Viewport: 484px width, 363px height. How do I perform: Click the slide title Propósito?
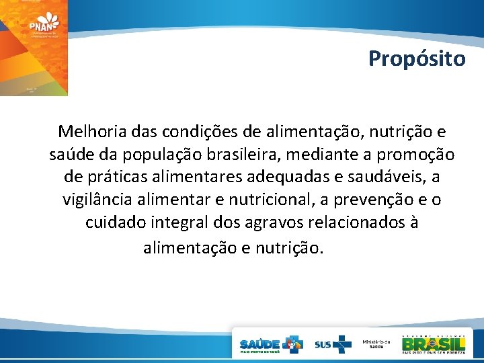coord(416,59)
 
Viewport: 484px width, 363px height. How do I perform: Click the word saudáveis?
coord(380,178)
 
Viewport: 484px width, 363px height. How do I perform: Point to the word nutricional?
coord(260,200)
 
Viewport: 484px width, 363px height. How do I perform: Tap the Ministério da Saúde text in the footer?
coord(374,343)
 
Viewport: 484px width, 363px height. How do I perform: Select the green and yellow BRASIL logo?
coord(434,343)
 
